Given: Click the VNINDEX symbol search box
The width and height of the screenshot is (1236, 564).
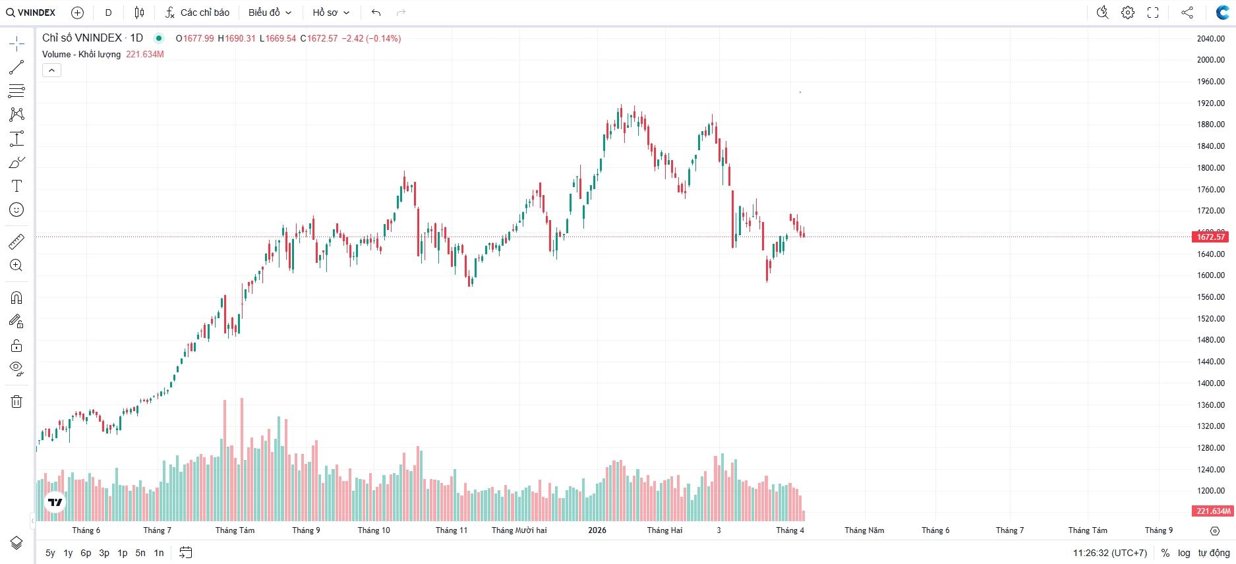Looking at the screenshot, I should (x=31, y=13).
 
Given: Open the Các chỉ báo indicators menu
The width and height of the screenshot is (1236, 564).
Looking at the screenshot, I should (x=198, y=13).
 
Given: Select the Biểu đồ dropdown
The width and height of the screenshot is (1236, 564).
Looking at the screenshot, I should (x=270, y=13).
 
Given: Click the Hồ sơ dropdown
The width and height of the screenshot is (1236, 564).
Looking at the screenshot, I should (x=330, y=13).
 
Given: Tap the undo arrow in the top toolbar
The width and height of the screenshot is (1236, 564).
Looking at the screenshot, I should (x=376, y=13).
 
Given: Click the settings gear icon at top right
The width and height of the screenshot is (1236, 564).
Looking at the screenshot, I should (x=1128, y=13).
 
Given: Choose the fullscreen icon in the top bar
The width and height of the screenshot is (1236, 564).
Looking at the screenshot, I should (x=1153, y=13).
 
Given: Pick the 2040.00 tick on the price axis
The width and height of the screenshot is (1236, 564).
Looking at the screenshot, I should (x=1210, y=39).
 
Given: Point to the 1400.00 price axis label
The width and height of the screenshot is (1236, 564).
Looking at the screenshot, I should (x=1210, y=383).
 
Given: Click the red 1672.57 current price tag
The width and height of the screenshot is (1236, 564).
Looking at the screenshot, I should (x=1210, y=237).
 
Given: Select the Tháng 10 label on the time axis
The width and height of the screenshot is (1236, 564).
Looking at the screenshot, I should (x=374, y=530).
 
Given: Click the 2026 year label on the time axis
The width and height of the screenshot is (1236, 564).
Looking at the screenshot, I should (x=597, y=530).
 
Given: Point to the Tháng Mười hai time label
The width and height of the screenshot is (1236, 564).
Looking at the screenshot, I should (x=519, y=530).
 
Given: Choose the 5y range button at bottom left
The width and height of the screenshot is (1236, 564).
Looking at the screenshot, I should (x=50, y=553).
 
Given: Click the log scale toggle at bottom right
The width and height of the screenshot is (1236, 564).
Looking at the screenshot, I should (x=1184, y=553).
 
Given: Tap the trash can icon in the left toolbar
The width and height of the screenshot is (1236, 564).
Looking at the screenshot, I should (x=16, y=401).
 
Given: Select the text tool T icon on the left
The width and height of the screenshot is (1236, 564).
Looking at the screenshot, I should (x=16, y=186).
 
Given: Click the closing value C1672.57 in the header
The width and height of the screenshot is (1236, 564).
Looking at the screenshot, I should (x=319, y=38).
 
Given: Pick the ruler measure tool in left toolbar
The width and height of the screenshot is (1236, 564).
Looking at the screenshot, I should (x=16, y=242).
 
